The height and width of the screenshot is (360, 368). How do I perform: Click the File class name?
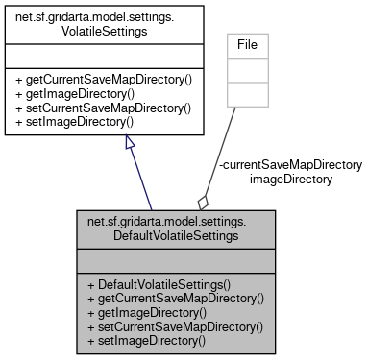tap(249, 44)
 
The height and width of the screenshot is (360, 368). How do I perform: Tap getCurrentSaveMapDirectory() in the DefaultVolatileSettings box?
tap(176, 300)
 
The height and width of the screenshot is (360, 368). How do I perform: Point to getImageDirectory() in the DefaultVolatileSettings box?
tap(147, 313)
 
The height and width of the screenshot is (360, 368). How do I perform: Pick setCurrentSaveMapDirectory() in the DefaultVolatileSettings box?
tap(176, 326)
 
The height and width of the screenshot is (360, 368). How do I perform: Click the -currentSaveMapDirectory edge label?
tap(291, 164)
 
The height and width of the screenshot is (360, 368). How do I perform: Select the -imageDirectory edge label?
tap(289, 179)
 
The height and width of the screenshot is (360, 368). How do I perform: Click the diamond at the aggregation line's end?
tap(203, 202)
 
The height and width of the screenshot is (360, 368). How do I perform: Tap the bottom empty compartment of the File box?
tap(249, 93)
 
